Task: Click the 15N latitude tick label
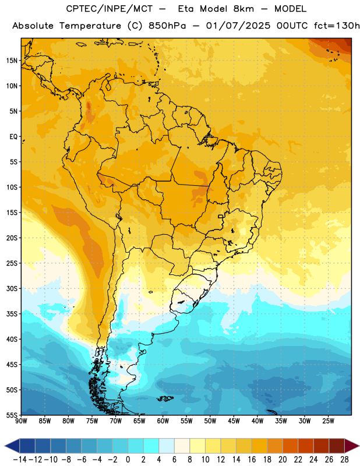coord(12,61)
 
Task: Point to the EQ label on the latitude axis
coord(13,137)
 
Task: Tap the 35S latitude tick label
coord(12,314)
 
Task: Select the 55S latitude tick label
coord(12,415)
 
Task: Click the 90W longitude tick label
coord(22,421)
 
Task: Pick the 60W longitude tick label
coord(163,421)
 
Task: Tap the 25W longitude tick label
coord(328,421)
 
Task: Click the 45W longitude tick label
coord(234,421)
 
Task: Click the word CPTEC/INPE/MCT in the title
coord(110,9)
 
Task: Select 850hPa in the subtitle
coord(167,26)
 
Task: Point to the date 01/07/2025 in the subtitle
coord(238,26)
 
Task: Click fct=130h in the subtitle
coord(337,26)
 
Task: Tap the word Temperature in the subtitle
coord(90,26)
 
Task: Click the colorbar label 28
coord(344,460)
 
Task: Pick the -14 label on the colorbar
coord(20,460)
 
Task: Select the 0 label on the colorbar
coord(128,460)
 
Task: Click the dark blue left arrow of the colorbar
coord(12,446)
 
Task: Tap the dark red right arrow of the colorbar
coord(352,446)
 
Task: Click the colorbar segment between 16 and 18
coord(260,446)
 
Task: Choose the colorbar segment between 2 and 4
coord(151,446)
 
